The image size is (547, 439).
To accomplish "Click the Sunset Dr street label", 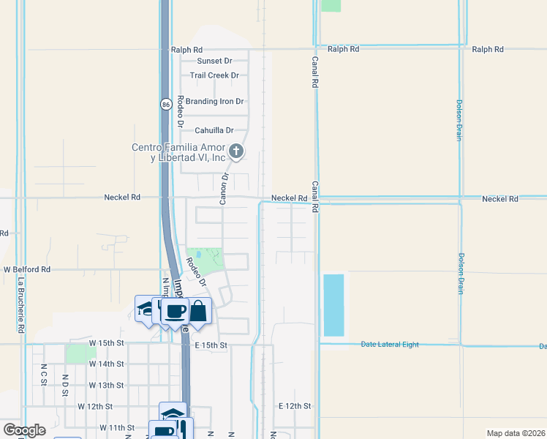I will (214, 61).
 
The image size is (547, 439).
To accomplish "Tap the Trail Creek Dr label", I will (214, 75).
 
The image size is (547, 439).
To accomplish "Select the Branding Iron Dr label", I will (214, 102).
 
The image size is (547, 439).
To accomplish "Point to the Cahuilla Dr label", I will (214, 130).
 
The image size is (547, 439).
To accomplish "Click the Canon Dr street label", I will (225, 189).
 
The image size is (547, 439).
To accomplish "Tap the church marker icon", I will (235, 151).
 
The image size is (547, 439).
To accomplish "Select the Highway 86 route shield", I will (166, 104).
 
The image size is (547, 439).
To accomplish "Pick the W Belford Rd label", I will (27, 269).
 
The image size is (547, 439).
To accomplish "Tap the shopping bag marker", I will (198, 312).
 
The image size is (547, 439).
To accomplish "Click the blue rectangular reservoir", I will (333, 305).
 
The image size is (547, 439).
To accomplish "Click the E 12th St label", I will (295, 405).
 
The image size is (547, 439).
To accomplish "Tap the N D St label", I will (65, 386).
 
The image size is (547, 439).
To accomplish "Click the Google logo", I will (24, 430).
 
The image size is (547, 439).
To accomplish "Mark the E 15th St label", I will (211, 345).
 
